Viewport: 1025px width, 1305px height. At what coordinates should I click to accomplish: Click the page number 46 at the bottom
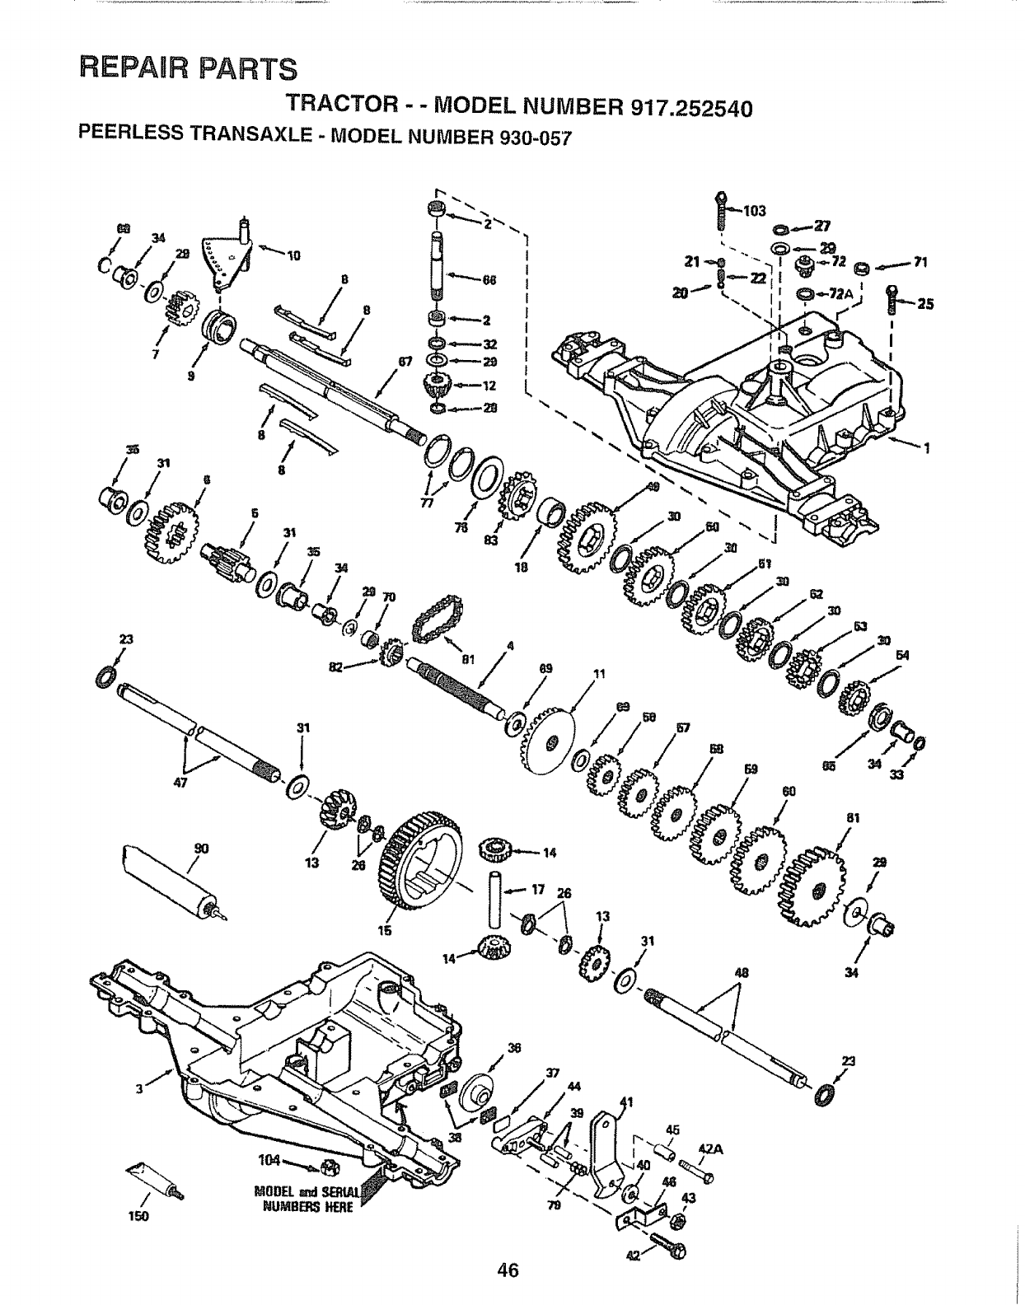508,1270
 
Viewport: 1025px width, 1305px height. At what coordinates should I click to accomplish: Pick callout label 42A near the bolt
709,1148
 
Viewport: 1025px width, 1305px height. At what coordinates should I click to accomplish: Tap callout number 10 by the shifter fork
293,253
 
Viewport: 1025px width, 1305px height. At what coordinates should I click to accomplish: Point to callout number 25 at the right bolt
925,303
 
